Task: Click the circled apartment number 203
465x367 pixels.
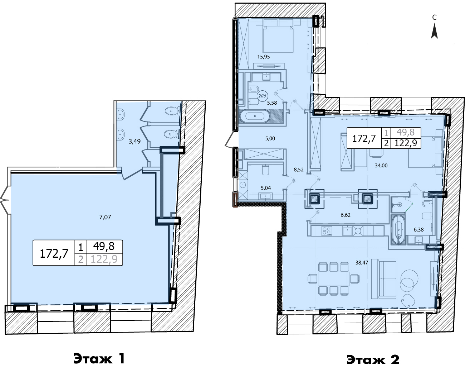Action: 262,96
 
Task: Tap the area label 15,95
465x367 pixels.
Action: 264,57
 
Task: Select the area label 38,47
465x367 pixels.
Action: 362,263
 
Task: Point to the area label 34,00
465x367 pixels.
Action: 381,166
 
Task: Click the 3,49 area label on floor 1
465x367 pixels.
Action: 134,142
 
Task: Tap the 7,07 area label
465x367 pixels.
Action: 105,217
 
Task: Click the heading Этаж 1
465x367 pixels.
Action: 99,358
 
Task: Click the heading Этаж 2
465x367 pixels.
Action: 373,359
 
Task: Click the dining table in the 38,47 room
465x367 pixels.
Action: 333,279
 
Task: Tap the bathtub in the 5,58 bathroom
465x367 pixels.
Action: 255,116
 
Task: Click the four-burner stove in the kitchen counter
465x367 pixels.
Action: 327,231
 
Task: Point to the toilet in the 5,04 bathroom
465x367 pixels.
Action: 265,170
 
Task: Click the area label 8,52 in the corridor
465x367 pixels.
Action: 298,170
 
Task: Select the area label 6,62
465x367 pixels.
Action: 345,215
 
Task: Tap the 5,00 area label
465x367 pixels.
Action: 270,139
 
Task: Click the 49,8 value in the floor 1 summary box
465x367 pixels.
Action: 104,246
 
